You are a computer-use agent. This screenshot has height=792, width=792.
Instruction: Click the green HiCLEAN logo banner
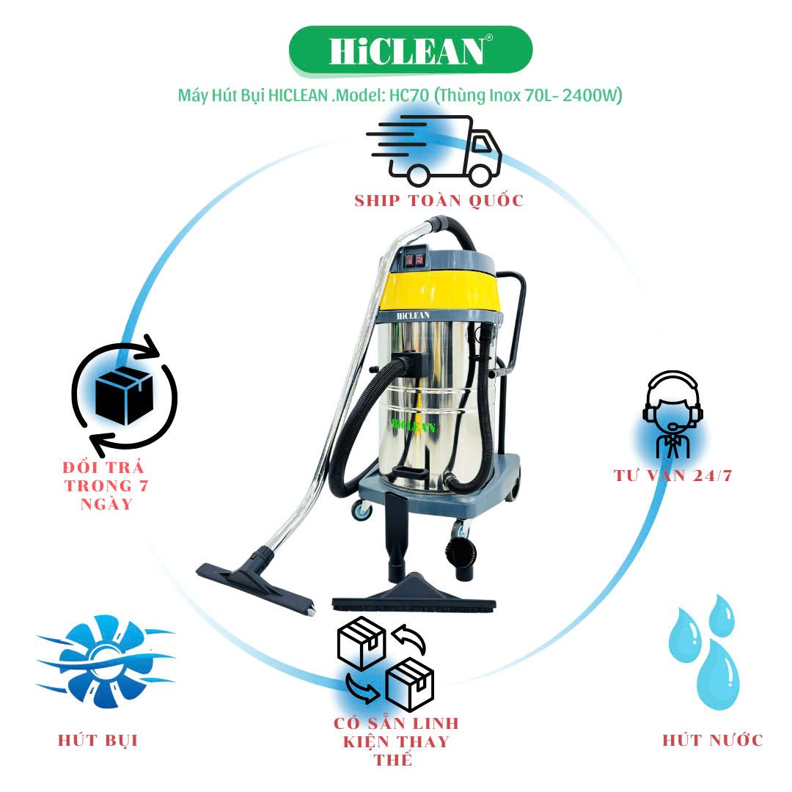(x=411, y=50)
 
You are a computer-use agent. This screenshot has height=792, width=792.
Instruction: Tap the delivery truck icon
(x=434, y=150)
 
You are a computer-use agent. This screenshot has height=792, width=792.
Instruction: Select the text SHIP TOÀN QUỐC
(x=439, y=200)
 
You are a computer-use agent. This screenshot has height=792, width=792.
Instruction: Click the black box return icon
(x=124, y=396)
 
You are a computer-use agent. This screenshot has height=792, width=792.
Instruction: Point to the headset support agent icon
(x=672, y=414)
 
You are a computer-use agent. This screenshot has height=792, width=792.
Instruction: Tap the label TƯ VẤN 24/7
(x=672, y=475)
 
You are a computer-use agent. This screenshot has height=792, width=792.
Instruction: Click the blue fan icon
(x=105, y=660)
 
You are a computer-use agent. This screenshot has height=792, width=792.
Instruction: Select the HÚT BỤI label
(x=98, y=741)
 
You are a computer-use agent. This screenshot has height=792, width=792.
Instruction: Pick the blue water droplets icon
(x=704, y=652)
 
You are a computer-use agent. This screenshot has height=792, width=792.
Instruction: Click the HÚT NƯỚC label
(x=713, y=741)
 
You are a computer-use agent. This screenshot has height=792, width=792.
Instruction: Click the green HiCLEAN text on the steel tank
(x=413, y=426)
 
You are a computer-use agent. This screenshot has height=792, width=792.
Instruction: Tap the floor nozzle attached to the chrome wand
(x=256, y=582)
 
